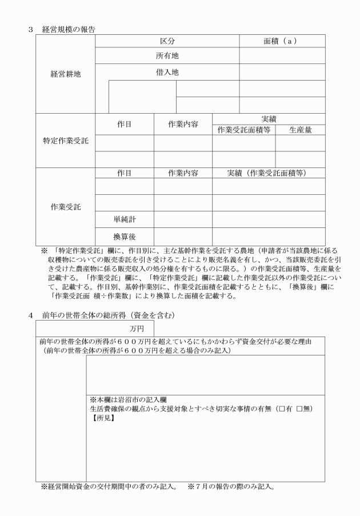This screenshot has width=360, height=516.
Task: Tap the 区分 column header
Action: (x=167, y=41)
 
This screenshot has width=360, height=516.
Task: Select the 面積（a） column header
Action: (x=282, y=41)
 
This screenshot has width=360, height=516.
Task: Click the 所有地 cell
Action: (x=167, y=56)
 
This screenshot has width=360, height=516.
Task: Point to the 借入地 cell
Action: (x=167, y=73)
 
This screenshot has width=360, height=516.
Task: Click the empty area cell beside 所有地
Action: (x=282, y=56)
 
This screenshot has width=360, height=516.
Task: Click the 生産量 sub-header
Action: (x=300, y=130)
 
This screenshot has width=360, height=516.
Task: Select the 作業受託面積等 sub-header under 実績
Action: (x=243, y=130)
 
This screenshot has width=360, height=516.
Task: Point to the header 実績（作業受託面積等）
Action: (x=269, y=173)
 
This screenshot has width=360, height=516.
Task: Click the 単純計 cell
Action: (x=124, y=219)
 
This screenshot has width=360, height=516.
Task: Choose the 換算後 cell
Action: (x=124, y=235)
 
